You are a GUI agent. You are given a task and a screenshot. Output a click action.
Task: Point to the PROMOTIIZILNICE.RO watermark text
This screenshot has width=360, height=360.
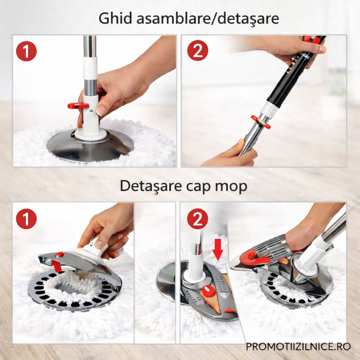pos(298,347)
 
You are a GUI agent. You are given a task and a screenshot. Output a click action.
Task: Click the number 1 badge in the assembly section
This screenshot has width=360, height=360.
pos(26,51)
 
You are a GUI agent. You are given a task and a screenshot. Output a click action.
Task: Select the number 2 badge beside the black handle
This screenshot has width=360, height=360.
pos(198,51)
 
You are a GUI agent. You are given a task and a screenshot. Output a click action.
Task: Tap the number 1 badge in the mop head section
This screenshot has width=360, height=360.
pos(26,219)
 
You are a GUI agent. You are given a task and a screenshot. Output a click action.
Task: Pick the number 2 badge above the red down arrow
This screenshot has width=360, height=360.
pos(198,219)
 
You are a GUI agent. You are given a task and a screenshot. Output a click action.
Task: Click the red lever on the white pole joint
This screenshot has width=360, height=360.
pos(78,106)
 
